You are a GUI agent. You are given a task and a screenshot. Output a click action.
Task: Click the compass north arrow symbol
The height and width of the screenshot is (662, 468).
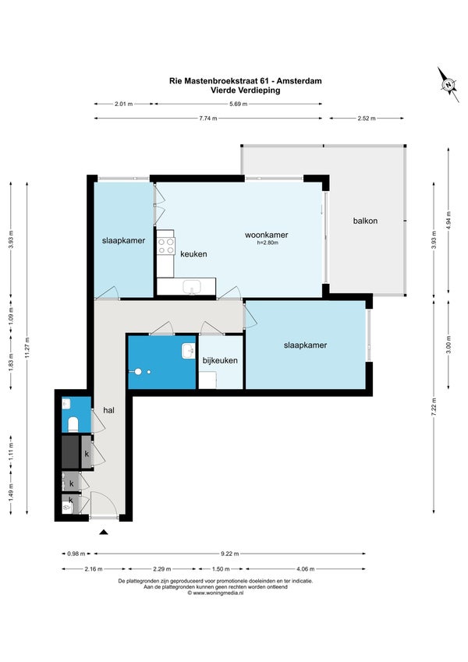coord(448,84)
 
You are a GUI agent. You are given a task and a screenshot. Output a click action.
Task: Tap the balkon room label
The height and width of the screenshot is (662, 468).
coord(365,221)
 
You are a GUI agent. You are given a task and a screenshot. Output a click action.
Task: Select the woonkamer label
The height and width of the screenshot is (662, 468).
coord(267,235)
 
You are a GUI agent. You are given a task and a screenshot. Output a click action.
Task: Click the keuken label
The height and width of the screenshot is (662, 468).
coord(193,253)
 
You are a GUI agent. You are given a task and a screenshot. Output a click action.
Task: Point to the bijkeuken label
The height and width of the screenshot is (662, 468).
coord(220,360)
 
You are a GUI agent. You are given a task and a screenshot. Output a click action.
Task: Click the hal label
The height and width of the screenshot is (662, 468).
coord(109,410)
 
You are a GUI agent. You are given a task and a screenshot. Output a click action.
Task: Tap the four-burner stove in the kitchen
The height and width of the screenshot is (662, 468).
coord(166,246)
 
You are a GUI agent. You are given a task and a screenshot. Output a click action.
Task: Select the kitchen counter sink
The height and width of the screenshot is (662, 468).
coord(192,287)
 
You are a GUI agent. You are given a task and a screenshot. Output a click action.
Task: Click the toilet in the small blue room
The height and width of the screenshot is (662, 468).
coord(73,424)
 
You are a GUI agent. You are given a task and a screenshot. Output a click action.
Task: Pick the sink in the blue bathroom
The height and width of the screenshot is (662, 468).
coord(189,351)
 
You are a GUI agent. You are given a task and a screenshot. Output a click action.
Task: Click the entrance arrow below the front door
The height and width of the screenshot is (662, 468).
coord(104,533)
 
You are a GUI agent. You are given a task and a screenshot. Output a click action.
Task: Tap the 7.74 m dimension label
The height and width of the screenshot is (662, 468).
coord(207,119)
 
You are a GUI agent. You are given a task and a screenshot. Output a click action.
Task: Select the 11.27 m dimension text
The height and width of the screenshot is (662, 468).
coord(27,348)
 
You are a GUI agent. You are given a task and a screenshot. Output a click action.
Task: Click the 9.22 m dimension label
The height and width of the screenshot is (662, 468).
coord(230,554)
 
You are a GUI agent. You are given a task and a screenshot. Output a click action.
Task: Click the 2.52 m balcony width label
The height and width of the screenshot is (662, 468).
coord(366,119)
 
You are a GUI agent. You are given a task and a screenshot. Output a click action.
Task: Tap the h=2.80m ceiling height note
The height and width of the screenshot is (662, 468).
coord(268,242)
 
